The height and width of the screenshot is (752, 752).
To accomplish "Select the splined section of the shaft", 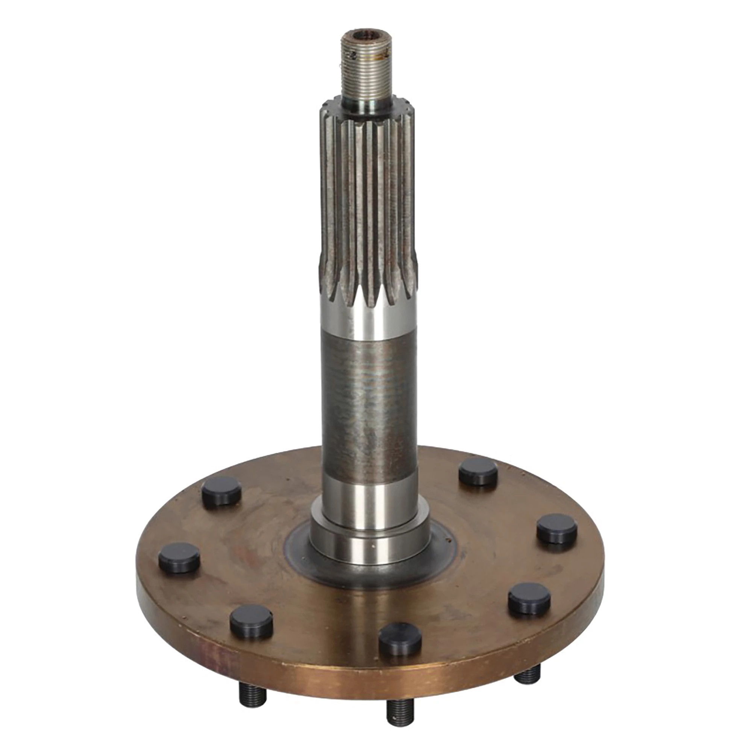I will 367,202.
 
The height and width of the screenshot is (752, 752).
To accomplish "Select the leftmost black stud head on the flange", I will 179,557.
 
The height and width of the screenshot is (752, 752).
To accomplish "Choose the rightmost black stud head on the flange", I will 557,528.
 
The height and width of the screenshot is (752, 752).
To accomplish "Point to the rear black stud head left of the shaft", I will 221,491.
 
